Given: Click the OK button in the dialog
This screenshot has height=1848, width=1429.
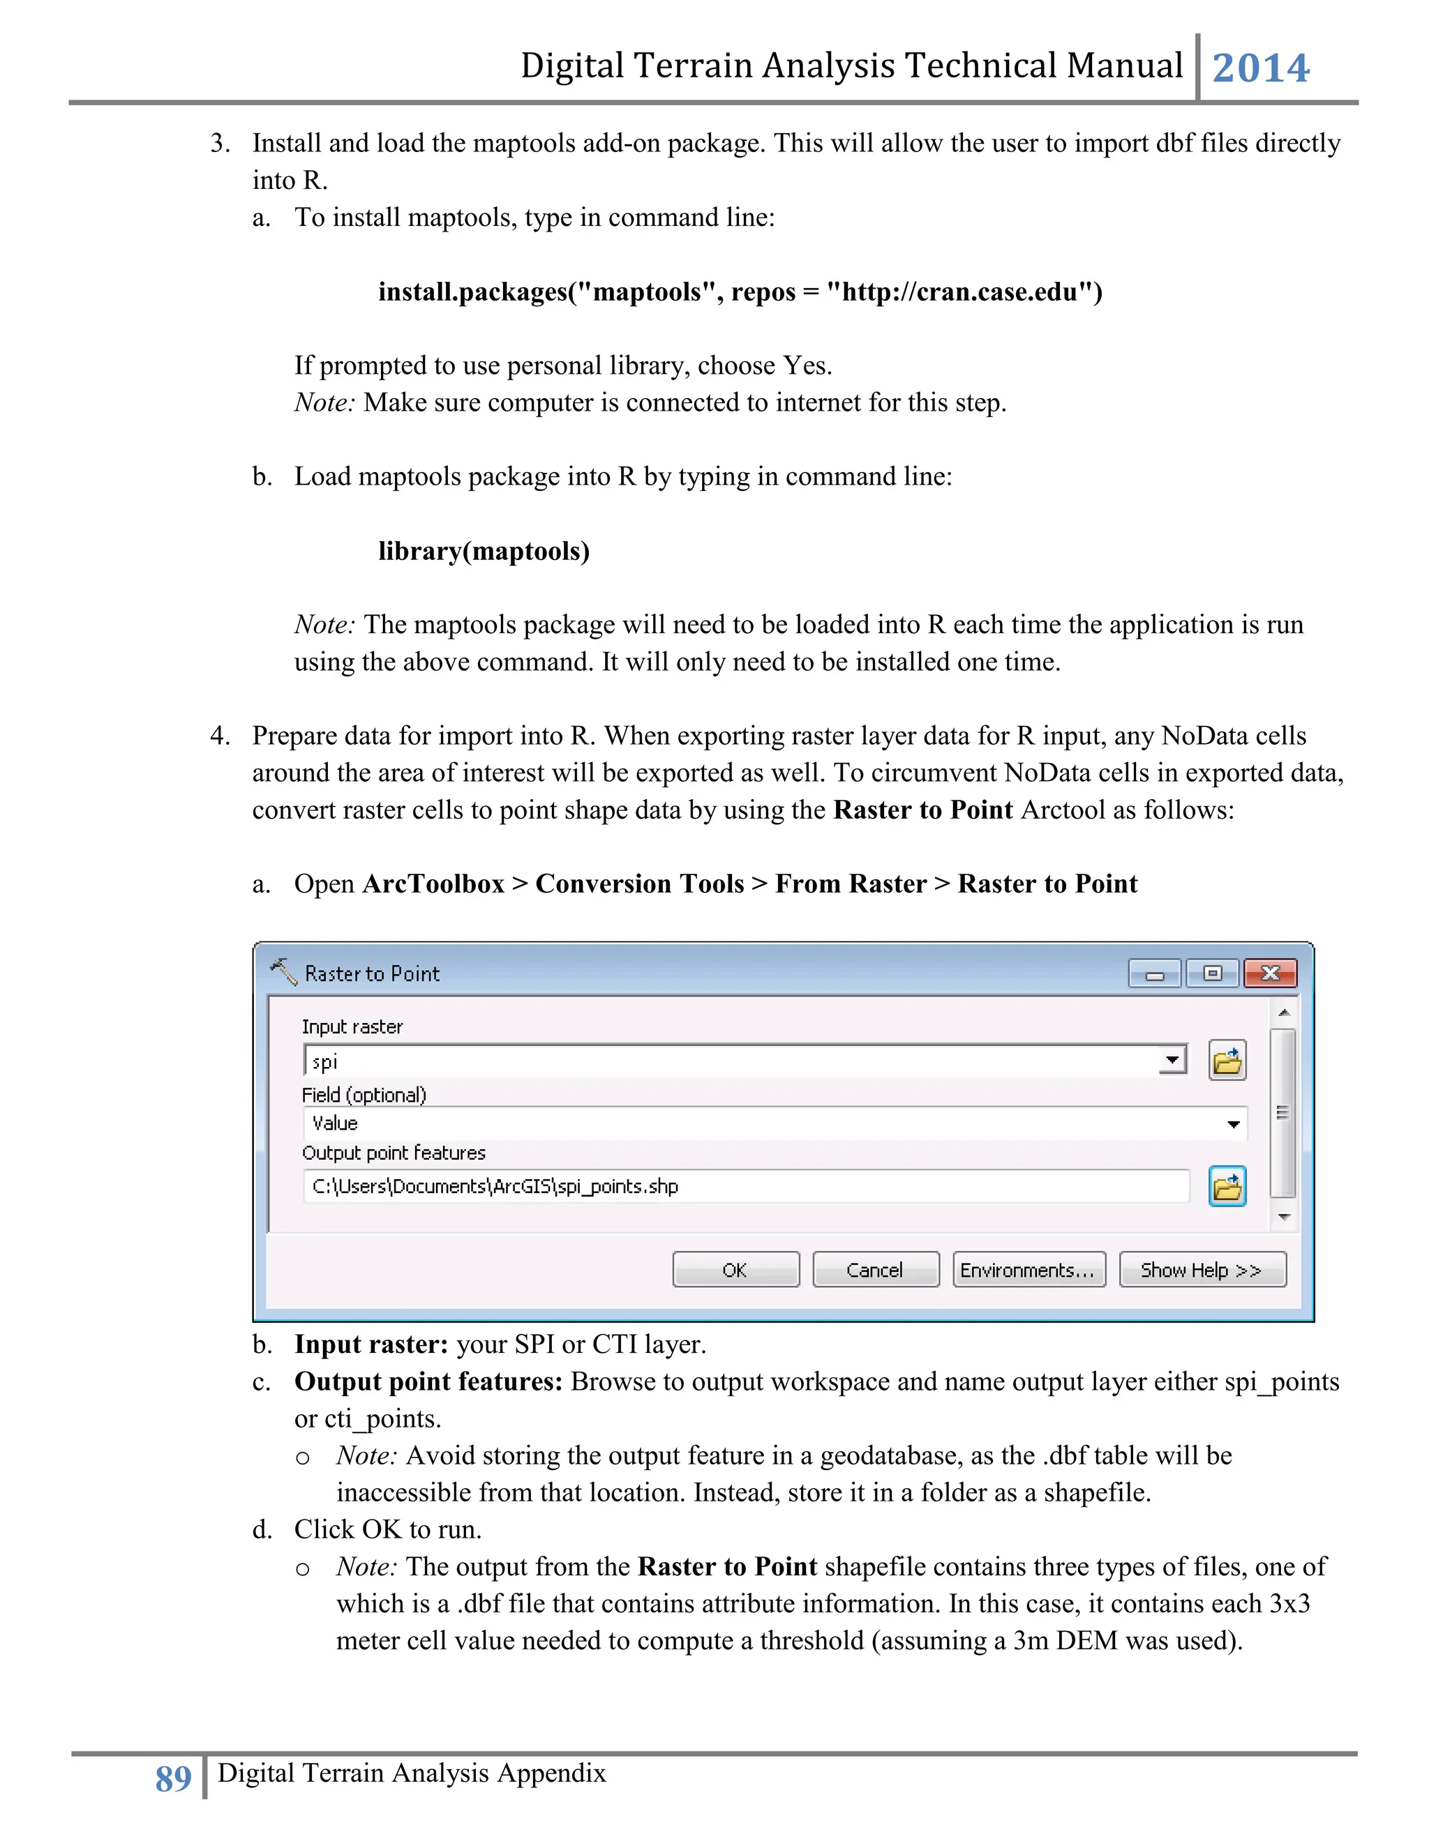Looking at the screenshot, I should point(735,1270).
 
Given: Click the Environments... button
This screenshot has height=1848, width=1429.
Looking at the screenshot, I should point(1028,1270).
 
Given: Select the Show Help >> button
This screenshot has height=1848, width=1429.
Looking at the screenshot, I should point(1202,1270).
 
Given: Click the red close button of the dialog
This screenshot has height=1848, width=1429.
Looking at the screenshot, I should point(1270,974).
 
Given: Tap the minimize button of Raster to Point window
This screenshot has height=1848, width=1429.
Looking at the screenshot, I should point(1155,975).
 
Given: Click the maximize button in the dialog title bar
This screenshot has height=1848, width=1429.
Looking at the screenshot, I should point(1212,974).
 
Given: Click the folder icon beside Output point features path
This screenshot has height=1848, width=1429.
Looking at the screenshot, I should point(1227,1186).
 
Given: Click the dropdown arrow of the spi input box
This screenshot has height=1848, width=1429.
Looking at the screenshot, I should point(1172,1060).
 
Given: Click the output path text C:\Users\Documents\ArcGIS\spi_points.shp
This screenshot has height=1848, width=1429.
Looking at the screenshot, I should point(495,1186).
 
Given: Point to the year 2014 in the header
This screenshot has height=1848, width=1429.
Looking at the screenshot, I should point(1261,68).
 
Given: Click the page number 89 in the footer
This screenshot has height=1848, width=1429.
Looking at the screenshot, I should point(174,1778).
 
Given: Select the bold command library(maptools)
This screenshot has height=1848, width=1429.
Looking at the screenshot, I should point(484,552).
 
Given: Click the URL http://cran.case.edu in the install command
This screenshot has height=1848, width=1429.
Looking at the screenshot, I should point(960,292).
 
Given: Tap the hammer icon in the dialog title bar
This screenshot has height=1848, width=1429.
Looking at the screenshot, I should point(283,971).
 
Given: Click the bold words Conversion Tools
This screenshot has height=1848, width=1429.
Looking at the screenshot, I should point(639,884).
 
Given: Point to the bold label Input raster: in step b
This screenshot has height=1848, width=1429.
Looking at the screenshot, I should point(371,1345).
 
